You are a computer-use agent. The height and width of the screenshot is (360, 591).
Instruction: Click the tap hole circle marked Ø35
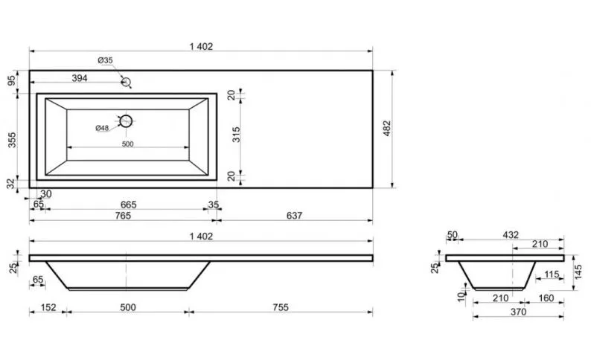[130, 82]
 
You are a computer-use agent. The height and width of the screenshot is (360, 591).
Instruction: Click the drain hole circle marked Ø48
[131, 121]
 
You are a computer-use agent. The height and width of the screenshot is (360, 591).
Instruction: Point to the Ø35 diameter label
[105, 60]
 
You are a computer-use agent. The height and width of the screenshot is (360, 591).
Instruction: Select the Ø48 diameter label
[102, 128]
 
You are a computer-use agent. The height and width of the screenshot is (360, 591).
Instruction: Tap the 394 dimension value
[80, 78]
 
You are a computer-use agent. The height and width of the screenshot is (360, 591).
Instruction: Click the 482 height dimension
[387, 128]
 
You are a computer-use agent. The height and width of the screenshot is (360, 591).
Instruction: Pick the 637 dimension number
[294, 216]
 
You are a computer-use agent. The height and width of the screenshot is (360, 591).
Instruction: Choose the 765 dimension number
[123, 216]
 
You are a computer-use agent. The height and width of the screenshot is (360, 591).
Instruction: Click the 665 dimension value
[129, 205]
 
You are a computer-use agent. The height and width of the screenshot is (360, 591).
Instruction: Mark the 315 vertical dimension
[236, 135]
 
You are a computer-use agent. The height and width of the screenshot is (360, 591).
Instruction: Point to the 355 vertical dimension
[12, 140]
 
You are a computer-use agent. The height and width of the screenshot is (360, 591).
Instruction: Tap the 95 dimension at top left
[12, 80]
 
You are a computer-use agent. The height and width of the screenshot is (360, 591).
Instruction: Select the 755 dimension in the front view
[281, 307]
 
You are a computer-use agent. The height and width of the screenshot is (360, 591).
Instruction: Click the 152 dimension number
[48, 307]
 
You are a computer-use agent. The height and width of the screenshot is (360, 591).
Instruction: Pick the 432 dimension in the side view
[511, 235]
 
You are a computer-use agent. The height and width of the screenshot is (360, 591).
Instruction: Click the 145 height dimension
[578, 272]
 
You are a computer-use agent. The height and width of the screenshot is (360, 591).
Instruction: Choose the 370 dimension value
[519, 312]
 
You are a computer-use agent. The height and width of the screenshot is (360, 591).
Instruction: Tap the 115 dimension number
[552, 274]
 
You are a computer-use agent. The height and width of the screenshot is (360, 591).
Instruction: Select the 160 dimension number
[546, 298]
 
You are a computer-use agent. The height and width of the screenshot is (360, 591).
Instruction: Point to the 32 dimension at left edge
[11, 184]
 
